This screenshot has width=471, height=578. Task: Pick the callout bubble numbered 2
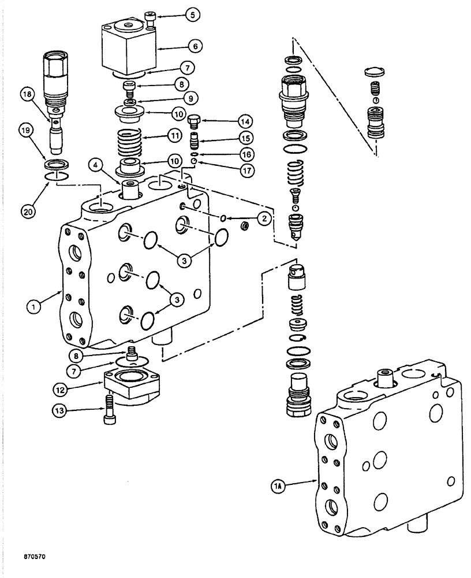pyautogui.click(x=264, y=218)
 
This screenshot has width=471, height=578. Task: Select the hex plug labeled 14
pyautogui.click(x=195, y=121)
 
